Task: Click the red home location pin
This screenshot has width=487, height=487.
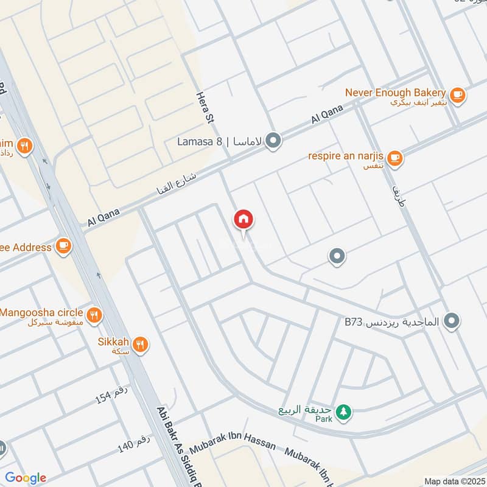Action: pos(243,220)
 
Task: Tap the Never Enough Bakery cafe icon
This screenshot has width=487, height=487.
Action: pos(457,94)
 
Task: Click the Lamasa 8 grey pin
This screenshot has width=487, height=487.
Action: pos(274,142)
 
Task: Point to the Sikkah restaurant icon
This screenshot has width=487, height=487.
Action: pos(141,345)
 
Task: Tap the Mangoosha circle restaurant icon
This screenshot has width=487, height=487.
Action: pos(93,315)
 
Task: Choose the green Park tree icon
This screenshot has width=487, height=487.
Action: pos(344,411)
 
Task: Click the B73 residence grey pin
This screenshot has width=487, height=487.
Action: pos(451,320)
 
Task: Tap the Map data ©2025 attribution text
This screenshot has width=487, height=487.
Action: pos(455,481)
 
